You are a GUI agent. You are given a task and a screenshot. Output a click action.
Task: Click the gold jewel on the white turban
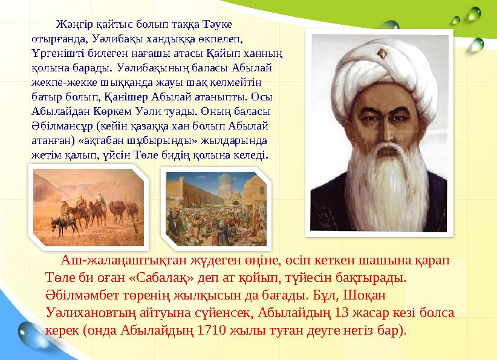[382, 54]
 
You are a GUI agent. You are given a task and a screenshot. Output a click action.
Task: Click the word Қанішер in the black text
[125, 96]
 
